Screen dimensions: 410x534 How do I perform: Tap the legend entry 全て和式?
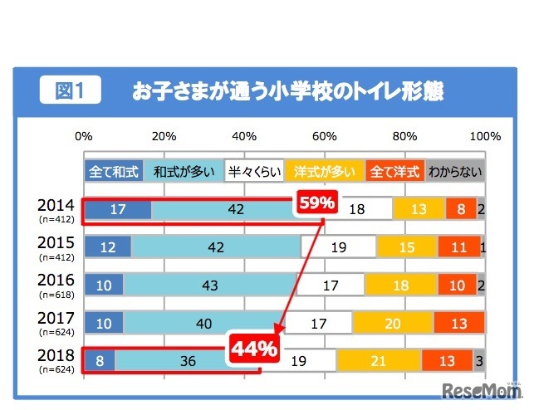pyautogui.click(x=113, y=172)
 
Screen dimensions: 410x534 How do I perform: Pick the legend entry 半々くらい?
pyautogui.click(x=253, y=172)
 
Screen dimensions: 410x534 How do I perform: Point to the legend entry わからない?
pyautogui.click(x=455, y=172)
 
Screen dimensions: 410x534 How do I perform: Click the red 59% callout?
pyautogui.click(x=316, y=202)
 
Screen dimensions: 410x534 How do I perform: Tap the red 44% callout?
pyautogui.click(x=253, y=349)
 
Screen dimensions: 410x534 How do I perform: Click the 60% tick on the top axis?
pyautogui.click(x=324, y=136)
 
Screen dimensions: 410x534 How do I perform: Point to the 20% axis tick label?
pyautogui.click(x=164, y=136)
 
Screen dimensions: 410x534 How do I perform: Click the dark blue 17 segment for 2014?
pyautogui.click(x=117, y=210)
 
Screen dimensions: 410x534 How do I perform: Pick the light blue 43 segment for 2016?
pyautogui.click(x=209, y=286)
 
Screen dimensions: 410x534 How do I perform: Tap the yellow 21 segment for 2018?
pyautogui.click(x=379, y=360)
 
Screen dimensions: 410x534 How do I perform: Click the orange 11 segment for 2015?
pyautogui.click(x=458, y=247)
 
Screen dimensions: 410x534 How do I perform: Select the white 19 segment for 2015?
pyautogui.click(x=338, y=247)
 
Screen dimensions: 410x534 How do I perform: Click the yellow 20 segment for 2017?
pyautogui.click(x=393, y=323)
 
